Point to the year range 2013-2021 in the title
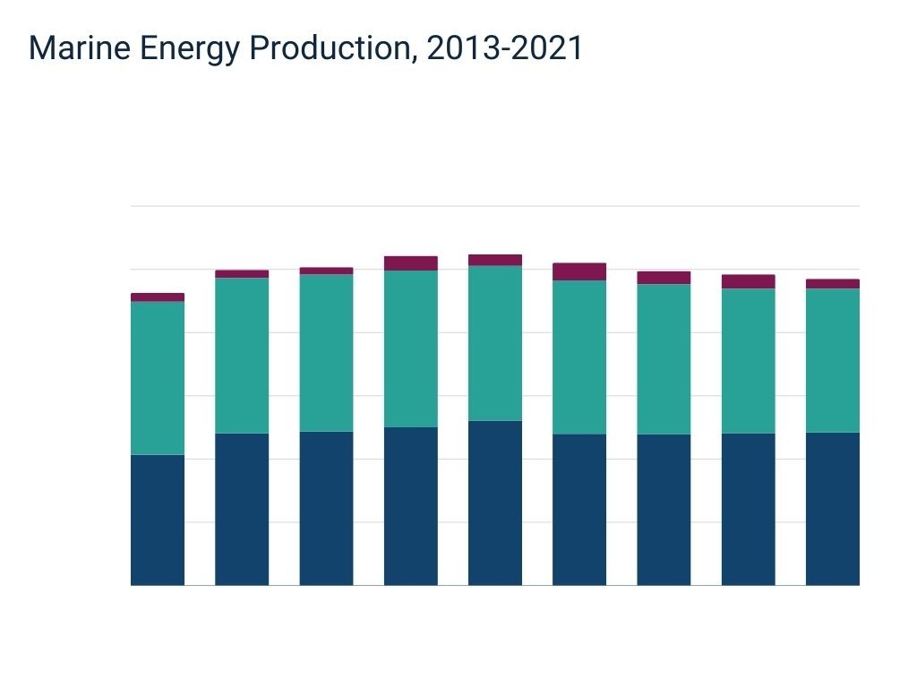point(504,48)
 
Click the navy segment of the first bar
point(158,520)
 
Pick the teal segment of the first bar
point(158,378)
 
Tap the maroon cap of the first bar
point(158,297)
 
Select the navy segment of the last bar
point(832,509)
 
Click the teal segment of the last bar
point(832,360)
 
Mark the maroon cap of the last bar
point(832,284)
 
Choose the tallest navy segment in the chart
point(495,503)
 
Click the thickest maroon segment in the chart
point(579,271)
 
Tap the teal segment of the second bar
point(242,356)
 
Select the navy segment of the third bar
point(326,508)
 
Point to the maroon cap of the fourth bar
point(411,263)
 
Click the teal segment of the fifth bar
point(495,343)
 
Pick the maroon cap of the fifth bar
point(495,261)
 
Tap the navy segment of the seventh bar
point(664,510)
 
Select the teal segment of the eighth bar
point(748,361)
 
